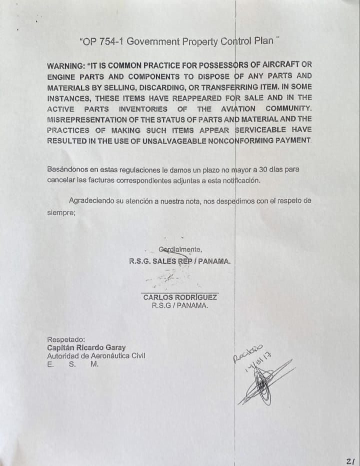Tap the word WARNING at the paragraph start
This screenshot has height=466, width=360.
65,66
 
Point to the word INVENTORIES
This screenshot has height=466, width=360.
143,109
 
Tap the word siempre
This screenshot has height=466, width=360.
61,212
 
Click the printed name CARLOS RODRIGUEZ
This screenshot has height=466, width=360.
180,297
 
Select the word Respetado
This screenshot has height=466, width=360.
66,339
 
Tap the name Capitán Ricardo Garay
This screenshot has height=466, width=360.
86,347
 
